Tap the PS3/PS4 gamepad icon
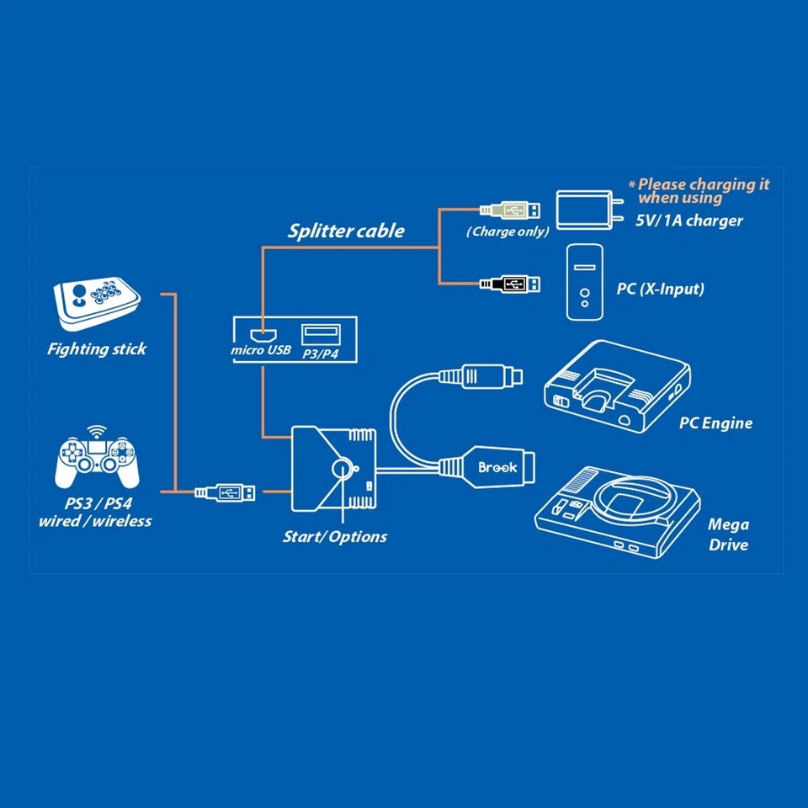click(x=94, y=462)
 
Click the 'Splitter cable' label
click(x=346, y=231)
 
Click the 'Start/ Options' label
click(x=335, y=536)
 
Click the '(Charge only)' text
click(x=508, y=231)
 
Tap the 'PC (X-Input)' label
click(x=661, y=289)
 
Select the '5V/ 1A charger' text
click(x=689, y=221)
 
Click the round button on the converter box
click(x=343, y=470)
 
